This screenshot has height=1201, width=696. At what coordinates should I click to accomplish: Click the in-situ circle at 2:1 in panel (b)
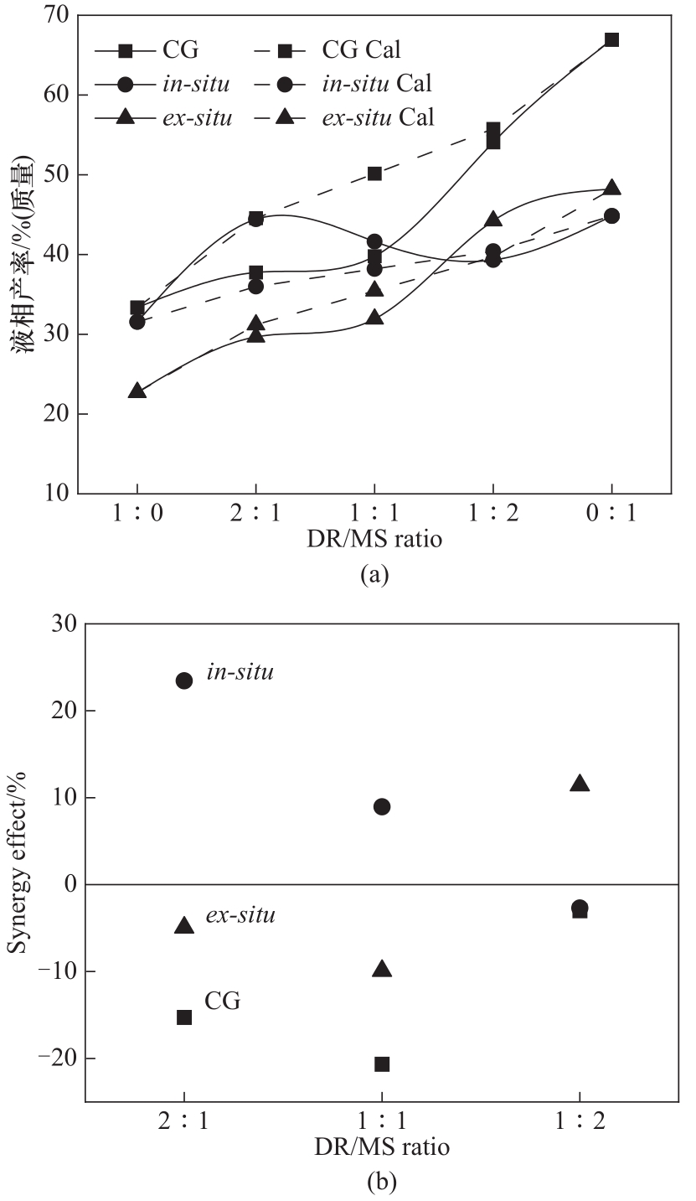pos(184,681)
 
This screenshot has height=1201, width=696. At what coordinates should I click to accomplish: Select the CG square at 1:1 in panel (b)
pos(382,1064)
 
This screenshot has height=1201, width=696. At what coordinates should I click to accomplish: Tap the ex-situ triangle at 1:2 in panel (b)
pos(580,784)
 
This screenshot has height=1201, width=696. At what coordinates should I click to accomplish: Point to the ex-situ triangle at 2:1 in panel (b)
pos(184,925)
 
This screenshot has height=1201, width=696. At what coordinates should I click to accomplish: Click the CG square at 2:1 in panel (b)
pos(184,1017)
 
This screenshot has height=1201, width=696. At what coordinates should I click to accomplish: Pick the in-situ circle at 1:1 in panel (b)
pos(382,807)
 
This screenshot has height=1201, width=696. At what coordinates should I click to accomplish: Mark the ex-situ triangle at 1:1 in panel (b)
pos(382,969)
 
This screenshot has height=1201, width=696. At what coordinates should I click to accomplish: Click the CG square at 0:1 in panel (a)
pos(612,39)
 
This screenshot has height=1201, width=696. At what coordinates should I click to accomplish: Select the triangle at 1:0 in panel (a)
pos(137,391)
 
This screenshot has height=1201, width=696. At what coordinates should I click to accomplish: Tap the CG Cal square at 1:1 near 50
pos(374,173)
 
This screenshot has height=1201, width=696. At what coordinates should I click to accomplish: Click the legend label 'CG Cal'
pos(361,50)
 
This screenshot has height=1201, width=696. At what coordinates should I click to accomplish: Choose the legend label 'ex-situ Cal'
pos(378,117)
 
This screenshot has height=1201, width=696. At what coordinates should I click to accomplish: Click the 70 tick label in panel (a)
pos(57,15)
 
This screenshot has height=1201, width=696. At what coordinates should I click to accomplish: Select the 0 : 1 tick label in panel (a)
pos(611,513)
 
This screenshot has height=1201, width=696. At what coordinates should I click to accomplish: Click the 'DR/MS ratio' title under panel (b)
pos(382,1147)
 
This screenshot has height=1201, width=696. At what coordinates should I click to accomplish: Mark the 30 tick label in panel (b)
pos(57,624)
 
